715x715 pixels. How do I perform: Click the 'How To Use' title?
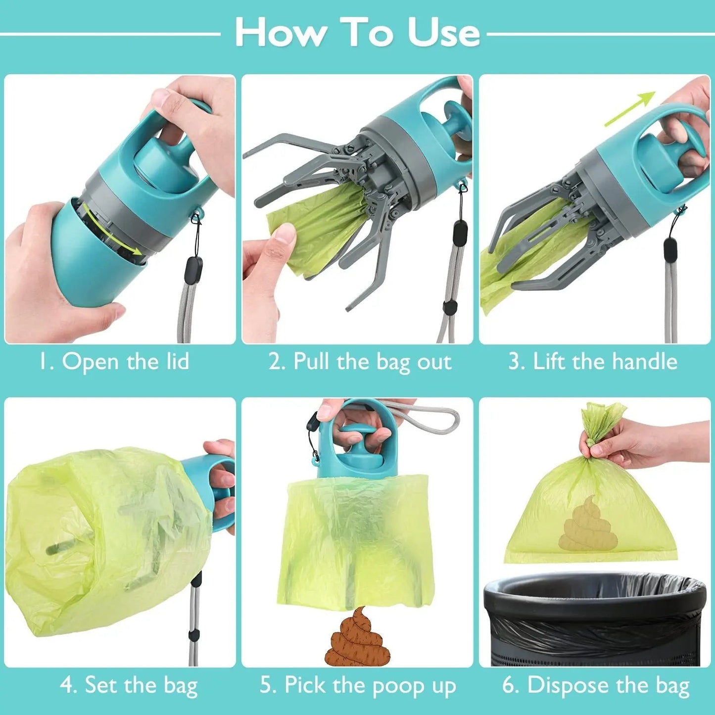point(357,33)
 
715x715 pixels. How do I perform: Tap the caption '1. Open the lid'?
point(114,362)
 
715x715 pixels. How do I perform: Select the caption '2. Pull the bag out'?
point(360,362)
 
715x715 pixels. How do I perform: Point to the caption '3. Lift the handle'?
point(592,362)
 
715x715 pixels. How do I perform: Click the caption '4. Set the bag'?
point(129,686)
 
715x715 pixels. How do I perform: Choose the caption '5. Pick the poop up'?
point(358,686)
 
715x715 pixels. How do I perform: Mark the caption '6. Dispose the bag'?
point(596,686)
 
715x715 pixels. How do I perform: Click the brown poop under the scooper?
point(357,638)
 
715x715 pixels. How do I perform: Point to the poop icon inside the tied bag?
point(588,525)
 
